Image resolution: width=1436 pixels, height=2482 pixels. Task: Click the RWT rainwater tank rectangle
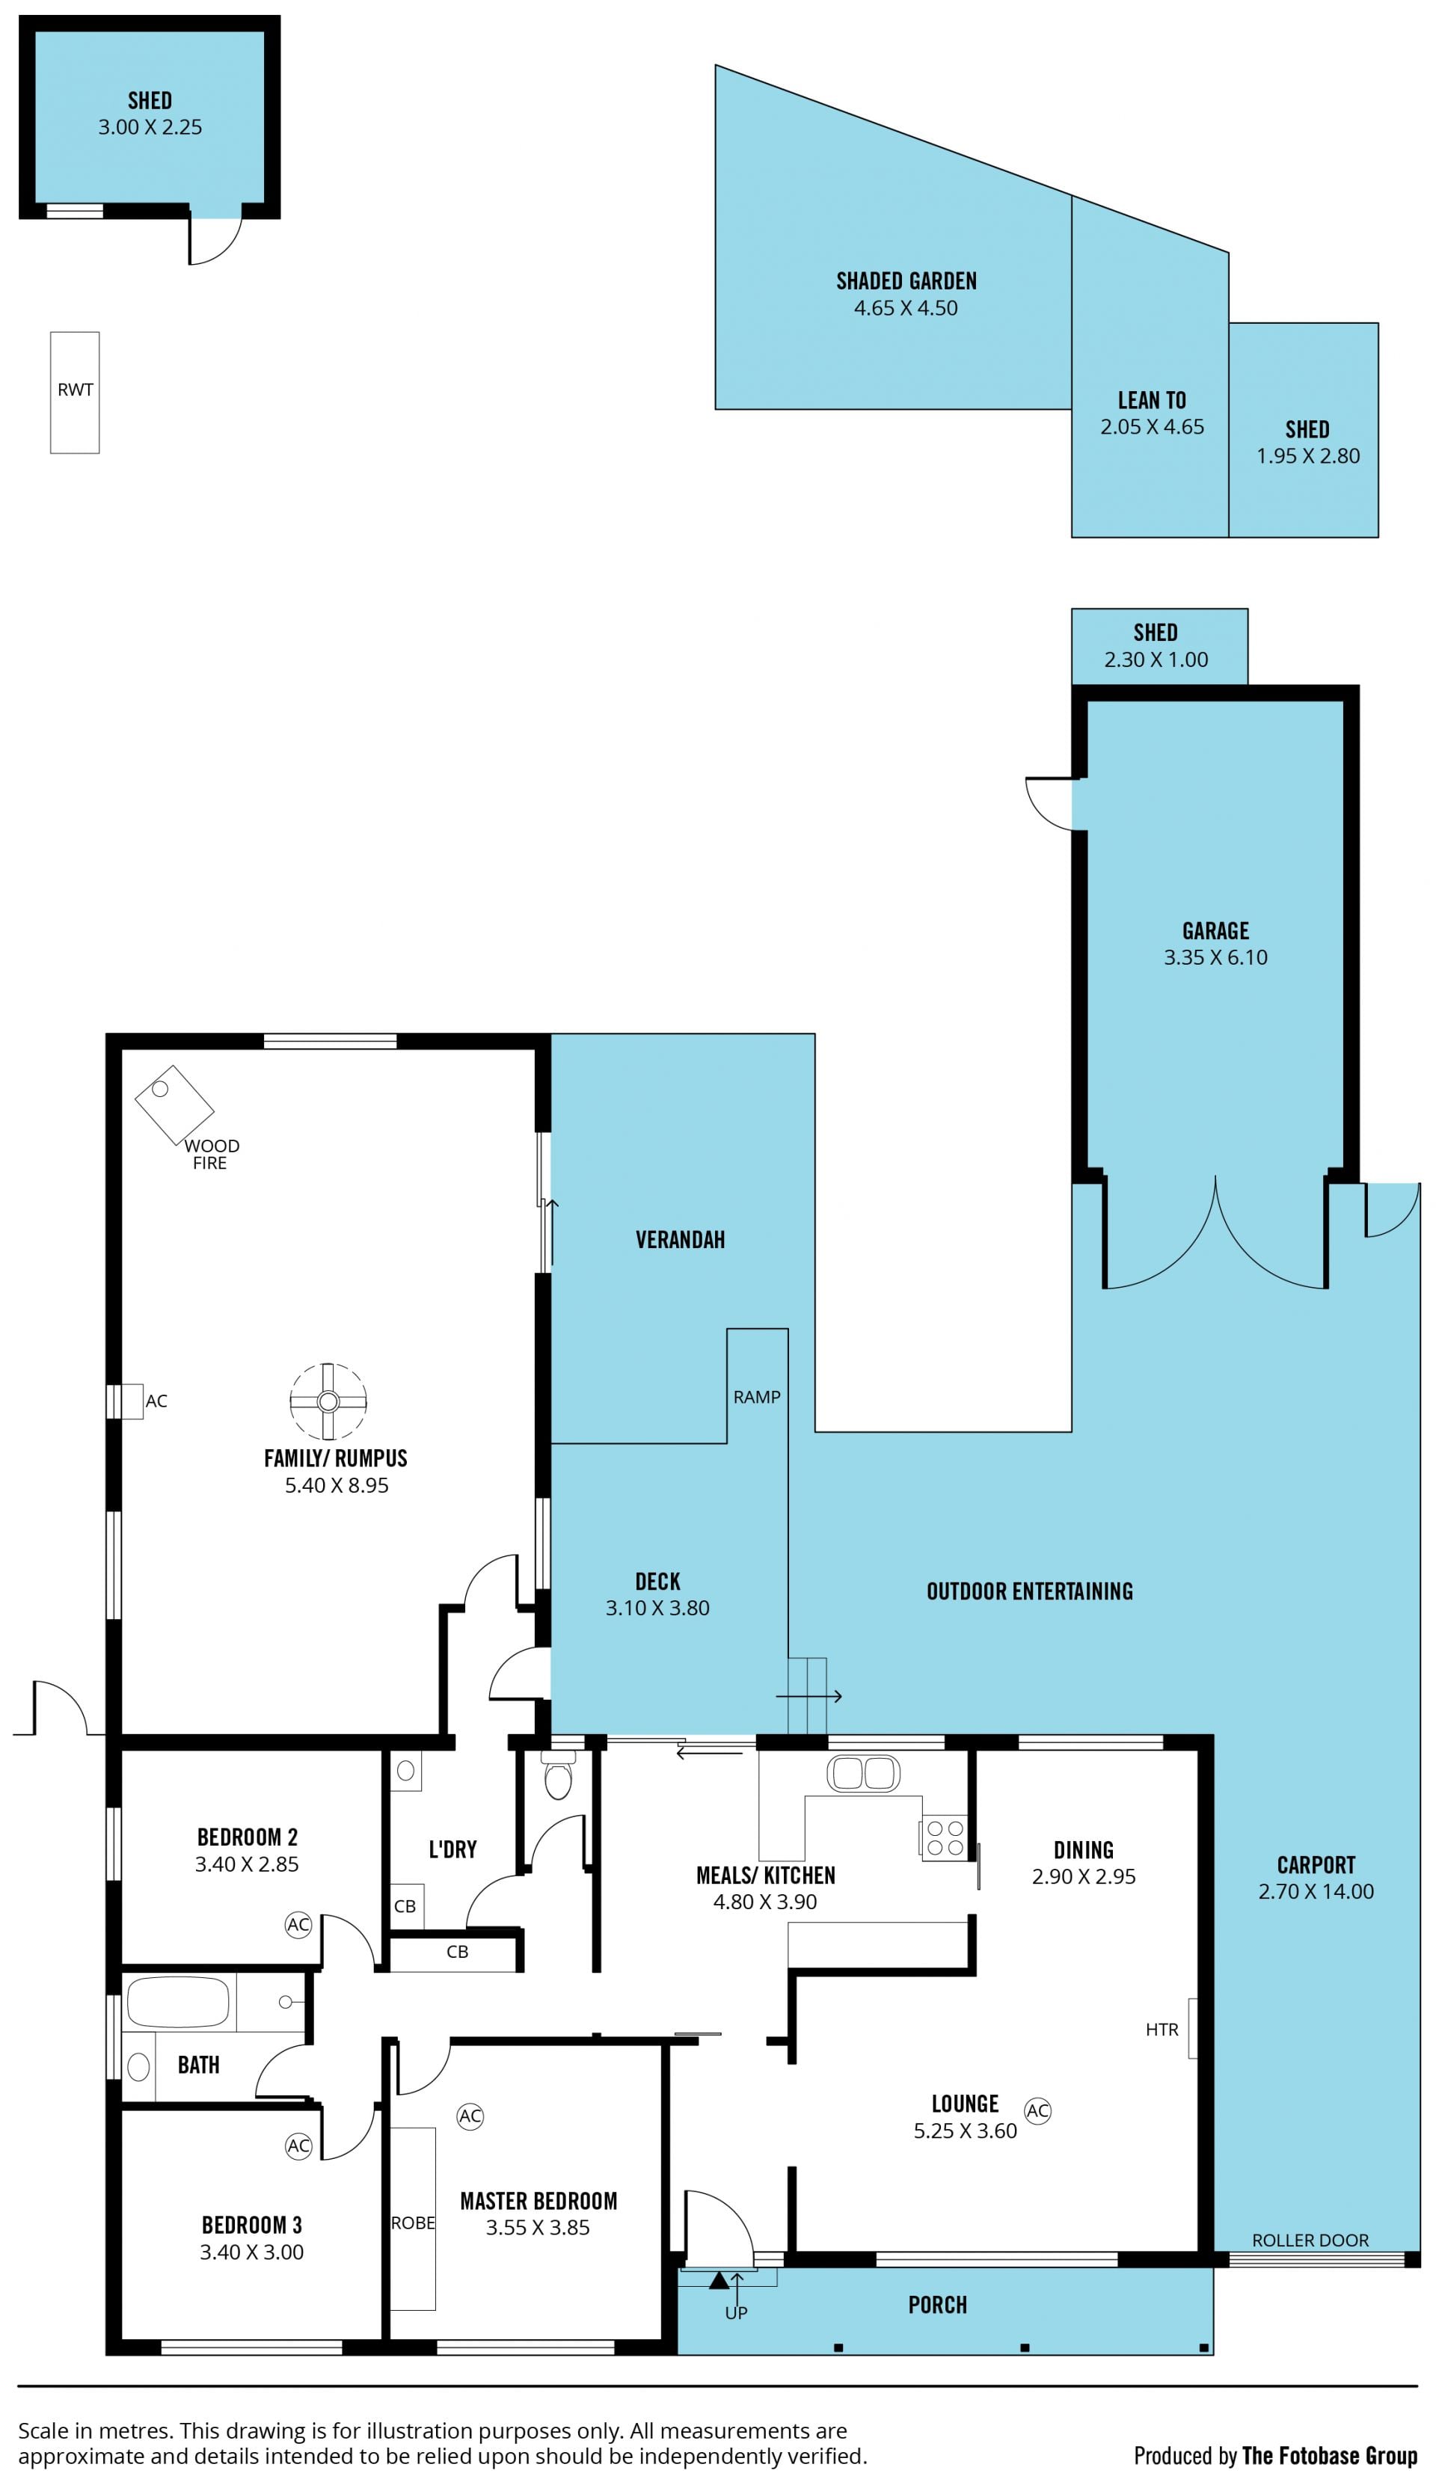tap(75, 392)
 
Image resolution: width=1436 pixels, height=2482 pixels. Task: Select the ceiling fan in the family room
tap(328, 1401)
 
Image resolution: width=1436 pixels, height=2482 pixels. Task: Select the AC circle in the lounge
tap(1037, 2110)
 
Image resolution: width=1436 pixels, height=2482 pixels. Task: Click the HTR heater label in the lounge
tap(1162, 2029)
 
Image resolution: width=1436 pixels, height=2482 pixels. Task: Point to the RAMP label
tap(756, 1397)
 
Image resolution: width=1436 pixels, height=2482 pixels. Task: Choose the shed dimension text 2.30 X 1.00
tap(1156, 660)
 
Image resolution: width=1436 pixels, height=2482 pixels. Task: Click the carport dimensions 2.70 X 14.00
tap(1316, 1891)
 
